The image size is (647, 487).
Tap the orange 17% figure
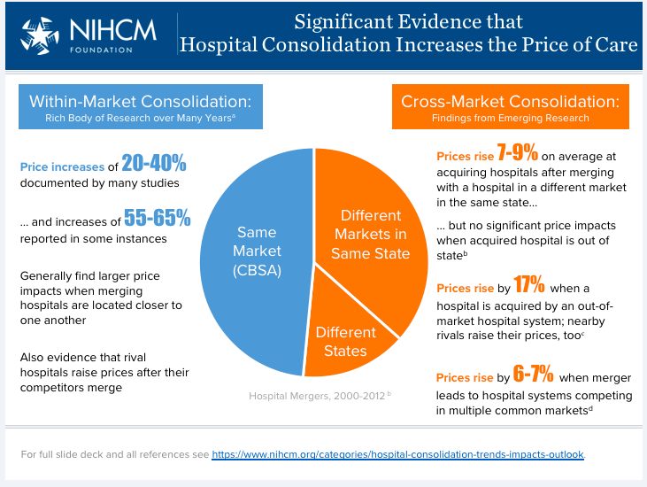530,287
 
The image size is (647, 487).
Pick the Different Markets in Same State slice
370,235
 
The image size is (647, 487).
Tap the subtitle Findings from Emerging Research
510,118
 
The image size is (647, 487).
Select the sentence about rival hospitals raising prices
104,372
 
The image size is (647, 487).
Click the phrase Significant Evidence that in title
408,21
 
